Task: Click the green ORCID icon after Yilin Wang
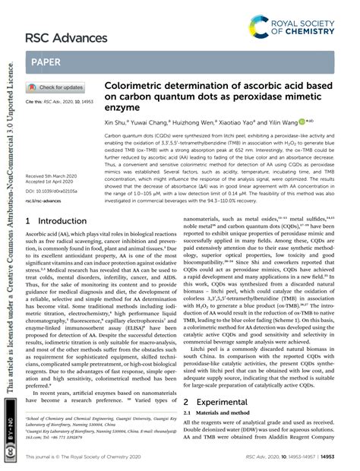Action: point(302,122)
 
